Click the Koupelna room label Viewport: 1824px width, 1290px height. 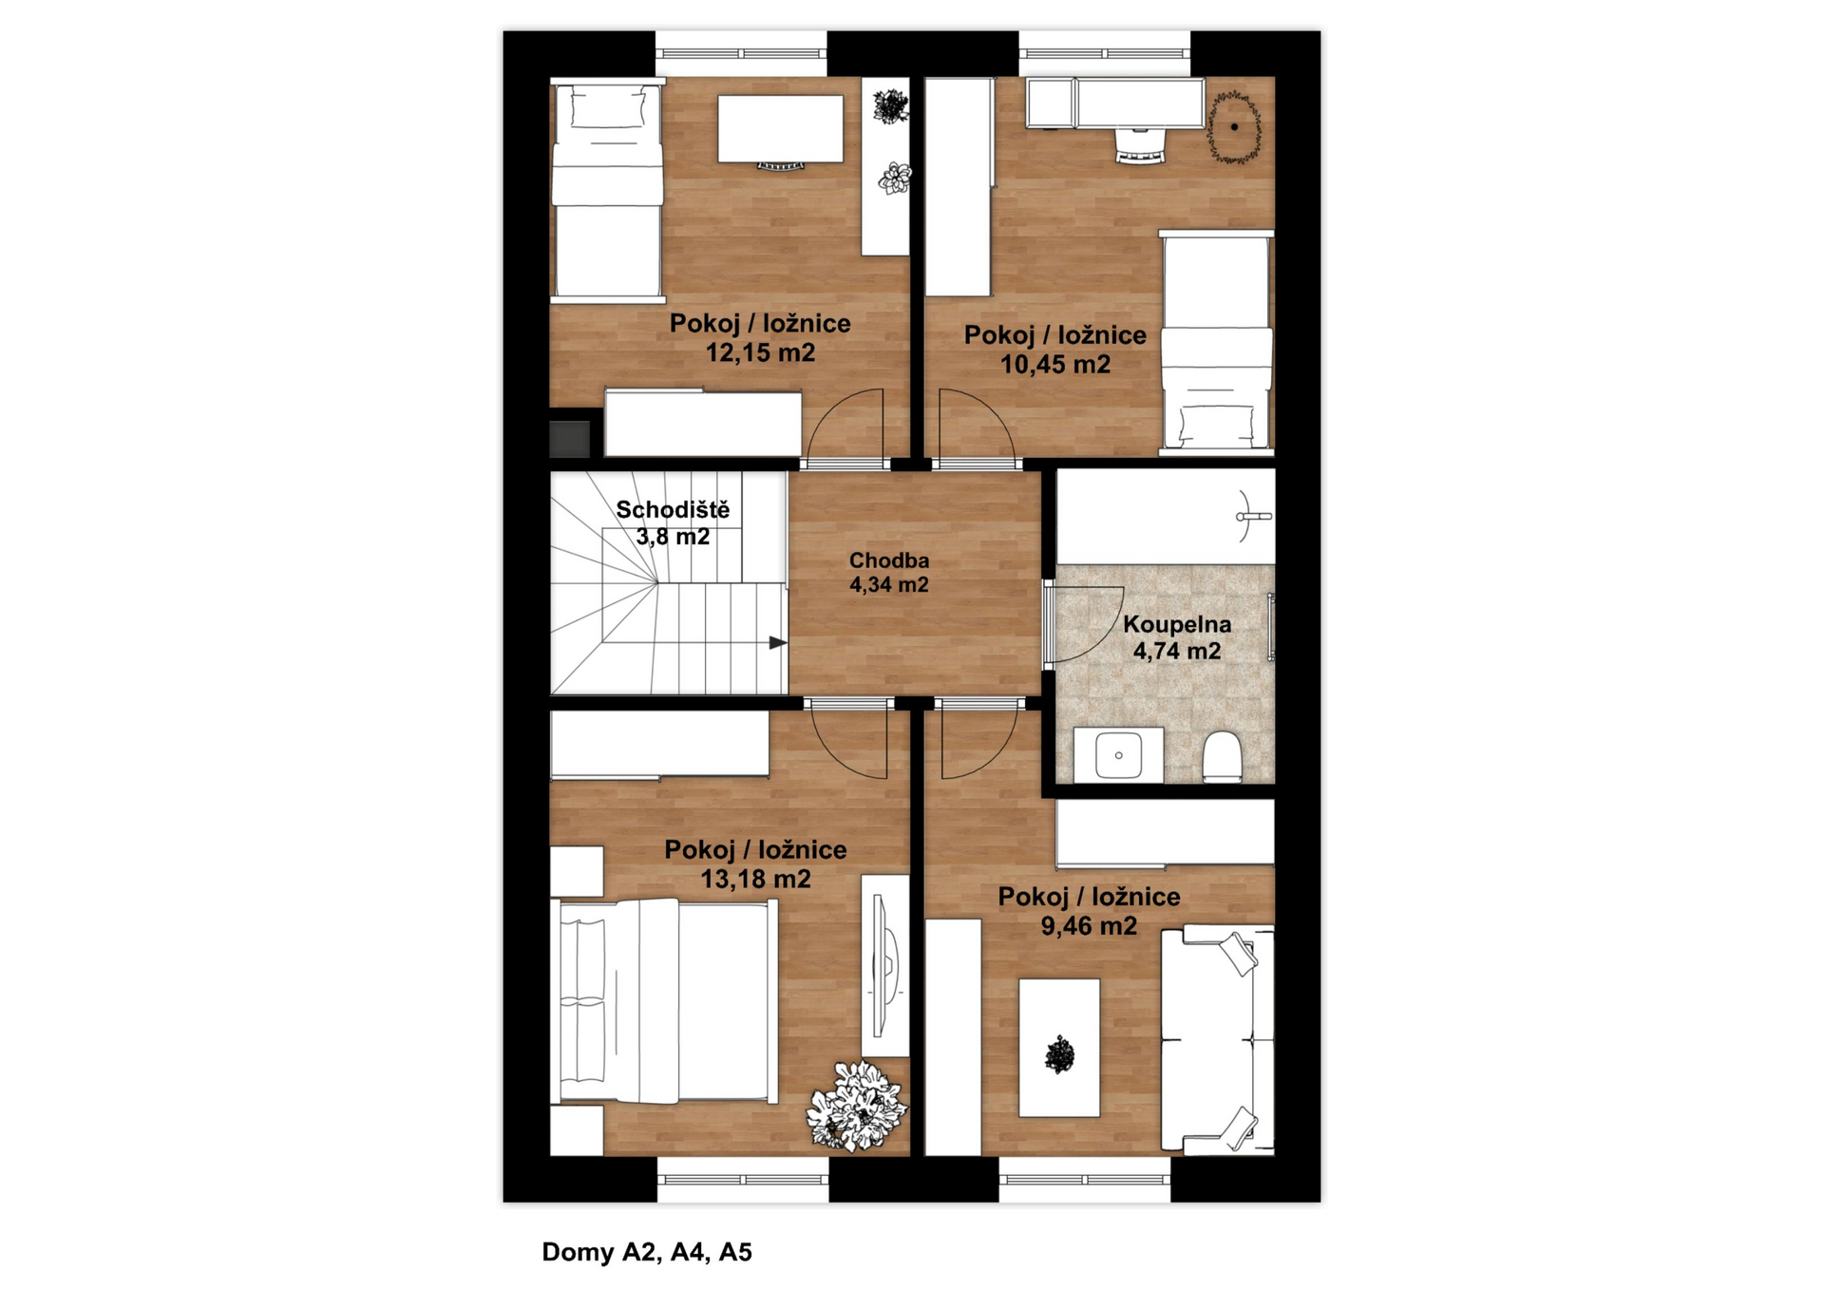[x=1177, y=624]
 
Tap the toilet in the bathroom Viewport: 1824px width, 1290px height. [x=1223, y=757]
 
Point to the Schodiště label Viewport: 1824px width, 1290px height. [x=673, y=509]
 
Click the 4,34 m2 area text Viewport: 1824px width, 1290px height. [x=889, y=585]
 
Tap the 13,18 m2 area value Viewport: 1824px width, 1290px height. [x=756, y=879]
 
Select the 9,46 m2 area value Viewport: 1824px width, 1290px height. [x=1089, y=926]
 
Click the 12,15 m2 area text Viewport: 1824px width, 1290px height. [x=760, y=353]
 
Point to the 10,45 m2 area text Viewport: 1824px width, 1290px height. [x=1055, y=365]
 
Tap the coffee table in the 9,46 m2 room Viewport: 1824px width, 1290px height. [x=1059, y=1049]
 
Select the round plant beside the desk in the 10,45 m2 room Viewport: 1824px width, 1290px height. [x=1234, y=127]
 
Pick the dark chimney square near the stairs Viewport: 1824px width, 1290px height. [x=570, y=438]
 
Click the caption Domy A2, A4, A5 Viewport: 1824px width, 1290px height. [x=647, y=1252]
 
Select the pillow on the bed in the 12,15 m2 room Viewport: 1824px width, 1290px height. [x=608, y=107]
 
